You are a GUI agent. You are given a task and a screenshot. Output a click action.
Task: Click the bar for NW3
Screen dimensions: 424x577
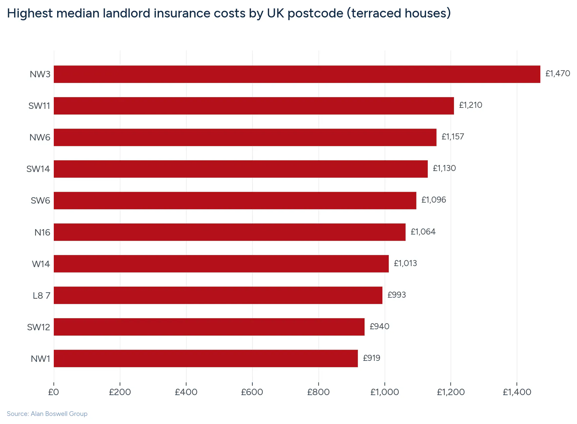(297, 74)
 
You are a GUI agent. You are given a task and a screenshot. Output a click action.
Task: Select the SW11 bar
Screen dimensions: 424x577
(254, 106)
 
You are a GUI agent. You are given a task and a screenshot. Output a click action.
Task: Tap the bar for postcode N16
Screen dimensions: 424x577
(230, 232)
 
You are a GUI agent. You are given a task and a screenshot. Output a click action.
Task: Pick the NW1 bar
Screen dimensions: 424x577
(206, 358)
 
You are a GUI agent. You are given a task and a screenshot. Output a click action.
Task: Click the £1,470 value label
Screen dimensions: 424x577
(558, 74)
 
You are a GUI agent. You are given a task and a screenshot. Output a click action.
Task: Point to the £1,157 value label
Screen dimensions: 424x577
(453, 137)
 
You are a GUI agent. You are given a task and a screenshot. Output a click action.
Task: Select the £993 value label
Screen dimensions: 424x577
(397, 295)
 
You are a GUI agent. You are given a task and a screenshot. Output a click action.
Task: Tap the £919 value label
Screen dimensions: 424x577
(371, 358)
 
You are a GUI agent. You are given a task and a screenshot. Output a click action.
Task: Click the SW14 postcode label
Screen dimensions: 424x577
(38, 169)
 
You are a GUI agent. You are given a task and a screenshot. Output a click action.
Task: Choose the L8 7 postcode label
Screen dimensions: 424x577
(41, 296)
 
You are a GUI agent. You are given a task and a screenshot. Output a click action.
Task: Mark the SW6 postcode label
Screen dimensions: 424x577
(40, 201)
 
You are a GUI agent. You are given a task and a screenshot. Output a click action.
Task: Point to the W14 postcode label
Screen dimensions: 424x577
(41, 264)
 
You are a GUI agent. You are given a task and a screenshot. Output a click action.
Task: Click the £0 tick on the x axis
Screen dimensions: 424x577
(53, 392)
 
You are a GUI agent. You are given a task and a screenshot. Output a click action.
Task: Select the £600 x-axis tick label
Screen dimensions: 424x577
(252, 392)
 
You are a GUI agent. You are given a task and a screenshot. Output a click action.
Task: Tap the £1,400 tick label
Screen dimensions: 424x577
(517, 392)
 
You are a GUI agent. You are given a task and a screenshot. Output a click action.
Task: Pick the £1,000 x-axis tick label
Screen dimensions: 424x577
(384, 392)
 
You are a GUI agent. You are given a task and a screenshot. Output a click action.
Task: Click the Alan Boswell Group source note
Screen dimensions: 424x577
(47, 414)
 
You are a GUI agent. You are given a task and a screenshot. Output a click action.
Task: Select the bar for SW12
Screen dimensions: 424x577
(209, 327)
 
